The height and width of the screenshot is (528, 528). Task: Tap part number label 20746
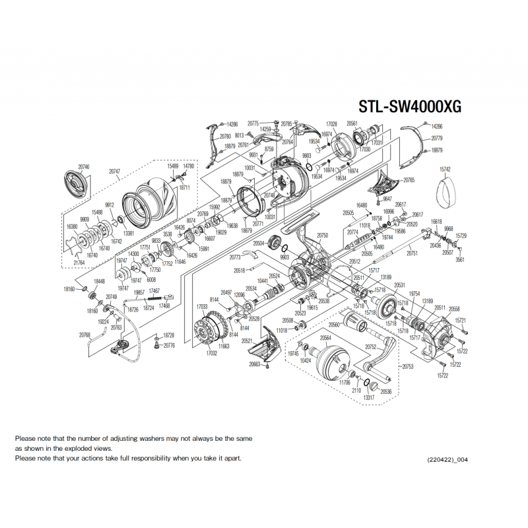[x=83, y=168]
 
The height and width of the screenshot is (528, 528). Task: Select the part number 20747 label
[x=114, y=171]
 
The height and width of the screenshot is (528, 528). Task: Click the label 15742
[x=445, y=170]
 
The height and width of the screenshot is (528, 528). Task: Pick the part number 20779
[x=437, y=139]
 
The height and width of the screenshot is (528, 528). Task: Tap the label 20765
[x=409, y=180]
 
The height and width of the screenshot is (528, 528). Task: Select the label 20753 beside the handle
[x=408, y=366]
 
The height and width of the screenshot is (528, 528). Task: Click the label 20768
[x=84, y=335]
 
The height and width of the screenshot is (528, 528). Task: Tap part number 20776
[x=170, y=345]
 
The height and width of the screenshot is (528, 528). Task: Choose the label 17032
[x=212, y=354]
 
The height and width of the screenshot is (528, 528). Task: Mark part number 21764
[x=79, y=263]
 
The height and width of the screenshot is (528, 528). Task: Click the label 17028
[x=332, y=123]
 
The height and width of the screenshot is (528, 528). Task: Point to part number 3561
[x=460, y=259]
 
